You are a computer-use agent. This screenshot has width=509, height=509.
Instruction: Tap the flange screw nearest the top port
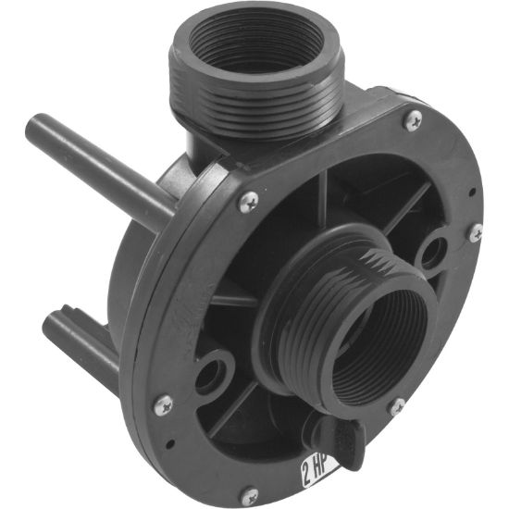click(x=414, y=118)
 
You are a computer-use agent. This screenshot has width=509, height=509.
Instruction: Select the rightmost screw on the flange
click(x=475, y=232)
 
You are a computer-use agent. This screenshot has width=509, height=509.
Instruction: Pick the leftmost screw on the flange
click(x=163, y=403)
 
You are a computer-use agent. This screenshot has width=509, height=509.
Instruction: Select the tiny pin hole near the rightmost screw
click(x=473, y=193)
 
